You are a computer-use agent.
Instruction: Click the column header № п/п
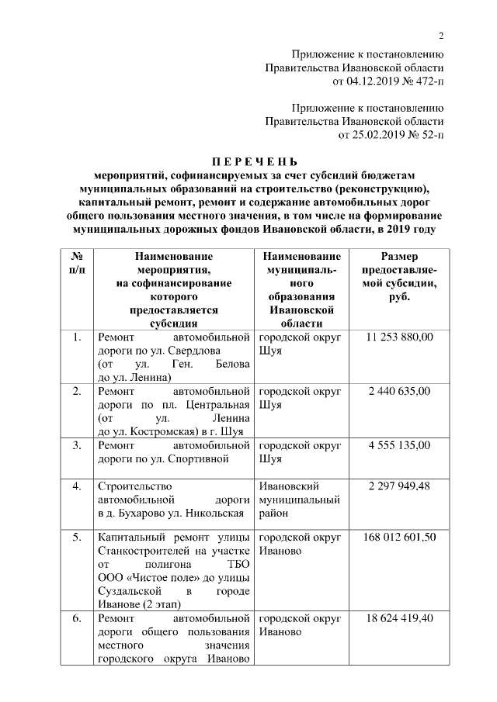[x=77, y=262]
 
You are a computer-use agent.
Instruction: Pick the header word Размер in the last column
[x=399, y=256]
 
